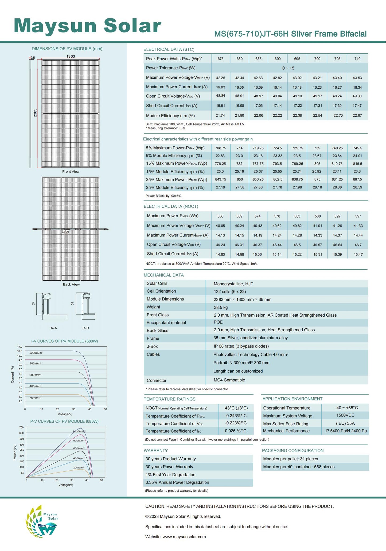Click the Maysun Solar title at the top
[x=87, y=26]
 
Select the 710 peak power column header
[x=357, y=59]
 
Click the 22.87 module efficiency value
[x=357, y=116]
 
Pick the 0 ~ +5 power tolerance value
[x=288, y=68]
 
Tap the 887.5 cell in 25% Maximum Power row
[x=357, y=179]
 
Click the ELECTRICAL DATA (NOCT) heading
[x=171, y=206]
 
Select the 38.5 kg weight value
[x=221, y=307]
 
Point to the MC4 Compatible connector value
[x=229, y=380]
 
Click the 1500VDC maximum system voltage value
[x=345, y=415]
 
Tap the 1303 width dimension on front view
[x=71, y=56]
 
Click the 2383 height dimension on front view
[x=35, y=113]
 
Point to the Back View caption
[x=71, y=284]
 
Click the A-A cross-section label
[x=54, y=328]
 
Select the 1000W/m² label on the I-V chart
[x=36, y=353]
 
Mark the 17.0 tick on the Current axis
[x=20, y=347]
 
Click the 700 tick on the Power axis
[x=22, y=427]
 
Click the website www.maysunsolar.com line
[x=176, y=537]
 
